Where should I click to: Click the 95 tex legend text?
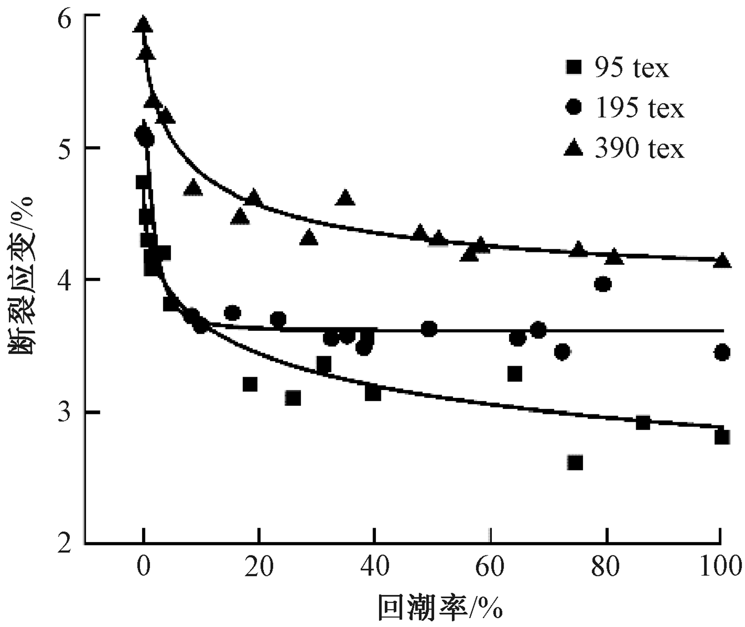632,68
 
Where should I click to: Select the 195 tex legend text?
640,108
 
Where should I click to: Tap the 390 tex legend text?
640,149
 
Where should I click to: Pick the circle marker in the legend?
574,107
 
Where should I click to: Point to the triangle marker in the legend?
574,147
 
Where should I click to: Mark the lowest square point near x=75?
575,463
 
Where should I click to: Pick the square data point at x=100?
722,437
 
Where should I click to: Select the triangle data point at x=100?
722,260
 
